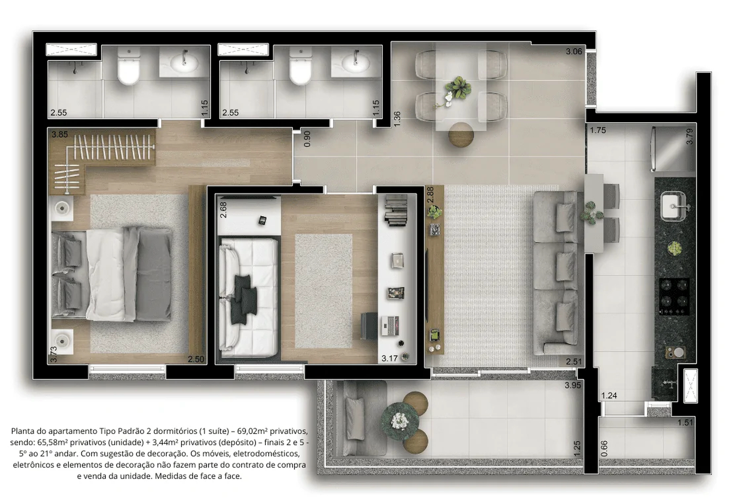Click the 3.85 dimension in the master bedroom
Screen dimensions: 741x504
tap(60, 134)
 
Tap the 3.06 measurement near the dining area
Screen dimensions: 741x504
tap(574, 51)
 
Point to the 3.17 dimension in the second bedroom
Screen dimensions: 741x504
tap(389, 358)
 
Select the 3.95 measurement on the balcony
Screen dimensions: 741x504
tap(573, 385)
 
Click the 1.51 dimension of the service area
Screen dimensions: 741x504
tap(685, 423)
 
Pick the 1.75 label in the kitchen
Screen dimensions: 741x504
tap(598, 130)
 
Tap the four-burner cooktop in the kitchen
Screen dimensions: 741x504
tap(674, 297)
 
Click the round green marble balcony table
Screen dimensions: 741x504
tap(399, 421)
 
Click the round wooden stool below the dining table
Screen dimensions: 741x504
tap(461, 134)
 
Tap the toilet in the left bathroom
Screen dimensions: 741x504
tap(129, 66)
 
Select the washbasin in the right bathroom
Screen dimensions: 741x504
tap(356, 62)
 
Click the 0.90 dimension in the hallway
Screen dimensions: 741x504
tap(307, 139)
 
